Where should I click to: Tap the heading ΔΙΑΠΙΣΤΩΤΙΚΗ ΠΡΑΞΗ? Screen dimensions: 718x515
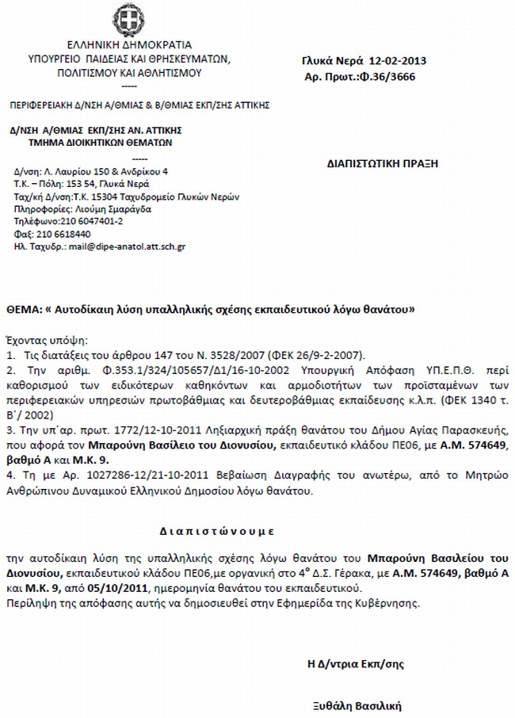click(x=383, y=163)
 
